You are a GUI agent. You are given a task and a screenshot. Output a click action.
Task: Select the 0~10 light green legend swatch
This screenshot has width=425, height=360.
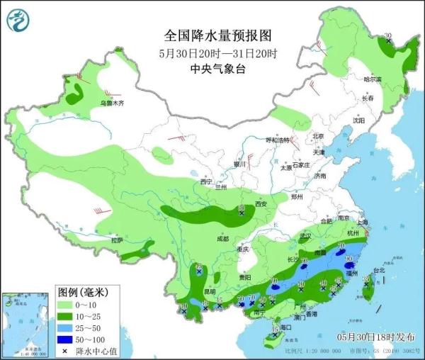(x=65, y=305)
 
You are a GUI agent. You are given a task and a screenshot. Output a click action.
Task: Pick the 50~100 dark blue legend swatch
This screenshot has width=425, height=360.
(x=65, y=339)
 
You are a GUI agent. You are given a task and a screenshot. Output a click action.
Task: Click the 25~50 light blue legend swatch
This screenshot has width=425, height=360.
(x=65, y=328)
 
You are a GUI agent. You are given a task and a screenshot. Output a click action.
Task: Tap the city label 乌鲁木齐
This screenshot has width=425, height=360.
(x=111, y=103)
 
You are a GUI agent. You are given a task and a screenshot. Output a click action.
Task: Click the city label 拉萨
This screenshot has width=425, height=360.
(x=117, y=240)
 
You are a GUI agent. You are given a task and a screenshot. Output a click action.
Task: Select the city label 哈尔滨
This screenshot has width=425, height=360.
(x=373, y=79)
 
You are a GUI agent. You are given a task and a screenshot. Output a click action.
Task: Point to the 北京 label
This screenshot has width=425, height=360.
(x=318, y=136)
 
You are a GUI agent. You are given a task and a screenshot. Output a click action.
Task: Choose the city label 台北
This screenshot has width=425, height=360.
(x=379, y=270)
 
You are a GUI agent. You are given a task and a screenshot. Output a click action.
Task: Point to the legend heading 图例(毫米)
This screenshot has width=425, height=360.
(x=81, y=292)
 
